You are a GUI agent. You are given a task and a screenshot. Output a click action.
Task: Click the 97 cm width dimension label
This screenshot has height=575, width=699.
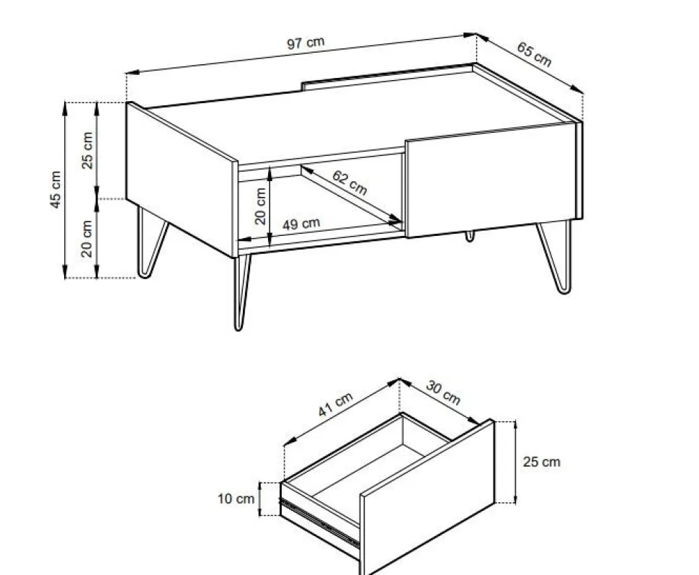(306, 43)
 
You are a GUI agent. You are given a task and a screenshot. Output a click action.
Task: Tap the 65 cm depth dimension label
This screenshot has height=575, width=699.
(534, 54)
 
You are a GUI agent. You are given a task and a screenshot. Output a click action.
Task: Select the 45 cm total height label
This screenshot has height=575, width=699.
(55, 189)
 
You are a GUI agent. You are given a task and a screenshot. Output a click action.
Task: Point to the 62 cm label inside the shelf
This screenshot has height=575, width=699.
(350, 183)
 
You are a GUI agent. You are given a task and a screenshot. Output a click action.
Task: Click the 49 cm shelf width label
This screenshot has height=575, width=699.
(301, 223)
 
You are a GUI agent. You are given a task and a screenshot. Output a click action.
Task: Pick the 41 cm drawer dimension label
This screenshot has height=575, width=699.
(335, 404)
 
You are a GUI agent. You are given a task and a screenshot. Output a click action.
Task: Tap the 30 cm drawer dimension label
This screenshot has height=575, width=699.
(442, 392)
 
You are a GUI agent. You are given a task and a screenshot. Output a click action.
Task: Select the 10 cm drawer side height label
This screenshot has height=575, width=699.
(236, 499)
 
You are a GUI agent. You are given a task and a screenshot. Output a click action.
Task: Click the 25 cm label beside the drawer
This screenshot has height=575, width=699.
(541, 462)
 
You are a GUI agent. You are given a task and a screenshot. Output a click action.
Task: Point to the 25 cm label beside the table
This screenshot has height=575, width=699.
(87, 151)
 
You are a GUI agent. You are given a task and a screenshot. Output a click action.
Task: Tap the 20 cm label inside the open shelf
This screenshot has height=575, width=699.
(260, 206)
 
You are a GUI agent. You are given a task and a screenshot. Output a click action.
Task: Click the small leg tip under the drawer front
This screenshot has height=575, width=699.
(469, 236)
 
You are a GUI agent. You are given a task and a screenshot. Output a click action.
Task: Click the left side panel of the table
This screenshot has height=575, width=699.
(182, 180)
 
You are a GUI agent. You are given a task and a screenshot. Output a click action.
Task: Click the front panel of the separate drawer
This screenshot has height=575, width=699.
(427, 497)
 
